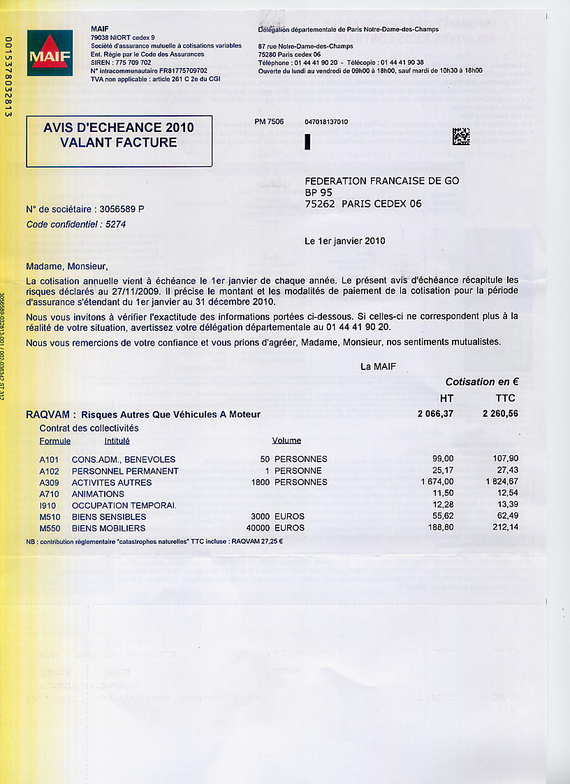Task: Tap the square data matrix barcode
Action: click(461, 136)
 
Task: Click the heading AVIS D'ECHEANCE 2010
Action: click(119, 128)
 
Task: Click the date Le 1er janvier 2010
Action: click(345, 241)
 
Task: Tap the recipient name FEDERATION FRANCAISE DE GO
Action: click(382, 181)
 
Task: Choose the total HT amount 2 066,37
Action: click(435, 414)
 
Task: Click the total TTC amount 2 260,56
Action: click(499, 414)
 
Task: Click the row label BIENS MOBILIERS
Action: click(108, 528)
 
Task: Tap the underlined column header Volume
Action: click(286, 441)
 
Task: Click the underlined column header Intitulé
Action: click(117, 441)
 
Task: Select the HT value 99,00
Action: click(443, 459)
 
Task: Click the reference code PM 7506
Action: click(270, 121)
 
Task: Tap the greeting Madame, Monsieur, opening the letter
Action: click(66, 266)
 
